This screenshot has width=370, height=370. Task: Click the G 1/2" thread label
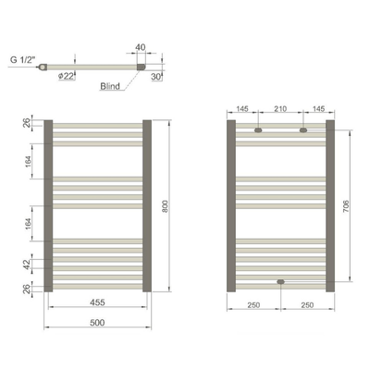pos(23,60)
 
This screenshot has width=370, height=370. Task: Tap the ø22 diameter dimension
pos(66,76)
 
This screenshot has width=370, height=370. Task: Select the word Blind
pos(110,86)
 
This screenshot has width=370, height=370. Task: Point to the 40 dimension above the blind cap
pos(141,47)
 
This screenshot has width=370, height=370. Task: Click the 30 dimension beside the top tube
pos(156,77)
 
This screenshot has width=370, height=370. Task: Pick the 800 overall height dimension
pos(165,206)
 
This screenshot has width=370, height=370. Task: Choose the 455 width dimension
pos(97,302)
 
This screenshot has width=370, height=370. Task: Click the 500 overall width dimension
pos(97,323)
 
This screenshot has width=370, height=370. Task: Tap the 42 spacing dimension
pos(27,265)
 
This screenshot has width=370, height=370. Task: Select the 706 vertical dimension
pos(346,206)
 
